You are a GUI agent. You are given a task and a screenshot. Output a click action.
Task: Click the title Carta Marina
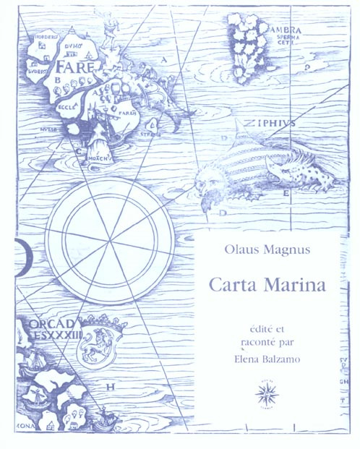tap(267, 283)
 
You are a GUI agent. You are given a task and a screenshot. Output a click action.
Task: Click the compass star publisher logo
tap(269, 396)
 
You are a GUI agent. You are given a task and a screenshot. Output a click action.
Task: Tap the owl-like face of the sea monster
tap(213, 176)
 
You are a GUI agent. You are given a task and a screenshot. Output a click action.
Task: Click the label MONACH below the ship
tap(98, 156)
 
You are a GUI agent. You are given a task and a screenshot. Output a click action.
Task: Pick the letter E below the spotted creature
tap(286, 194)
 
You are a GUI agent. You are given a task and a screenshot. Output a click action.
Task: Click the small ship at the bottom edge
tap(106, 417)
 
